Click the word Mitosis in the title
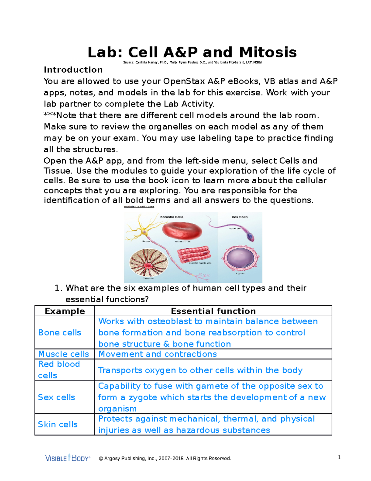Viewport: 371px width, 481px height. (268, 52)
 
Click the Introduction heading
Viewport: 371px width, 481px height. (73, 70)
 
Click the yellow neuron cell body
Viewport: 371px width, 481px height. (144, 231)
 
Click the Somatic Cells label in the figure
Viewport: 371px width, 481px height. (172, 217)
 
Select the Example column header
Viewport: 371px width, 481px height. (65, 311)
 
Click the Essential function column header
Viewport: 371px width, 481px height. (213, 311)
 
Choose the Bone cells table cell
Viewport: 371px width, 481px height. (60, 333)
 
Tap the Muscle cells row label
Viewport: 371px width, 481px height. (63, 354)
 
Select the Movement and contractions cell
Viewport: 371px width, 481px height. (157, 354)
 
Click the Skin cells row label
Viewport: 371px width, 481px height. (58, 424)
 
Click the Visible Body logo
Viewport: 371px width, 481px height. (68, 458)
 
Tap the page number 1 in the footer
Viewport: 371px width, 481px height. (339, 457)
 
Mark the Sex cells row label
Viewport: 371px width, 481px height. (56, 397)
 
